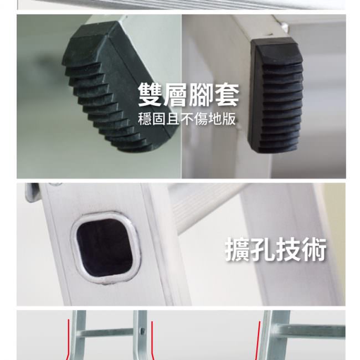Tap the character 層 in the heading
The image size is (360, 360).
pyautogui.click(x=176, y=95)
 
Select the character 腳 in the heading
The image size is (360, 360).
pyautogui.click(x=201, y=95)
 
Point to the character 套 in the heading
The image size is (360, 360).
pyautogui.click(x=227, y=95)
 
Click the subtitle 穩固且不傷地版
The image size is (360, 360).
pyautogui.click(x=187, y=119)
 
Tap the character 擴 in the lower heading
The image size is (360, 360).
pyautogui.click(x=238, y=250)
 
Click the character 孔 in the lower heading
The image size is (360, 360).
pyautogui.click(x=263, y=250)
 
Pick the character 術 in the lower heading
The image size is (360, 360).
pyautogui.click(x=314, y=250)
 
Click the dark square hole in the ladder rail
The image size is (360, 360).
pyautogui.click(x=105, y=248)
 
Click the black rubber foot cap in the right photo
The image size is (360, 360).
pyautogui.click(x=276, y=95)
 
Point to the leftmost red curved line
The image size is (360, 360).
pyautogui.click(x=68, y=340)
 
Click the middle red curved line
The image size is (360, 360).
pyautogui.click(x=152, y=340)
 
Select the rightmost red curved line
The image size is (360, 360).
pyautogui.click(x=259, y=340)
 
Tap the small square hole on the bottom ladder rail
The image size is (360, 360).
pyautogui.click(x=142, y=331)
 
